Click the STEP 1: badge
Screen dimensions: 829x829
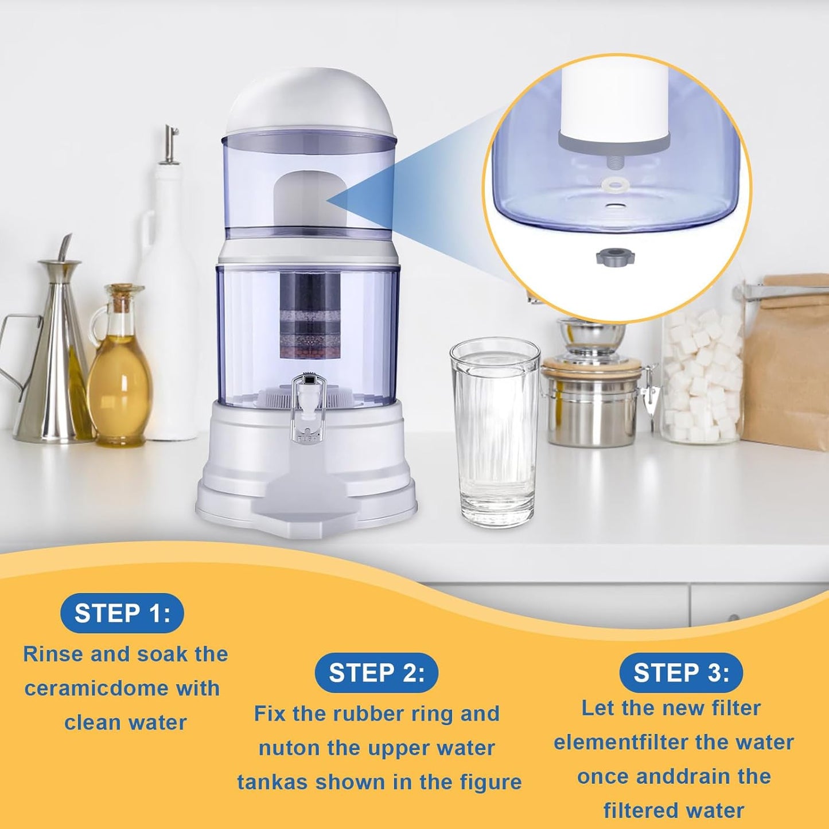pyautogui.click(x=122, y=613)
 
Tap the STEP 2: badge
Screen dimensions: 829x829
pyautogui.click(x=376, y=672)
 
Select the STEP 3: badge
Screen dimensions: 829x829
pyautogui.click(x=681, y=672)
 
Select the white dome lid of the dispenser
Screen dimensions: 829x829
pyautogui.click(x=310, y=103)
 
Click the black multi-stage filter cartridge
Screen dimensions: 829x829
pyautogui.click(x=302, y=313)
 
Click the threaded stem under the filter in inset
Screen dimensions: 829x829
pyautogui.click(x=614, y=161)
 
